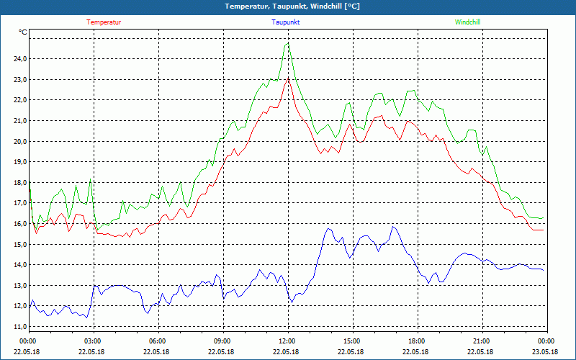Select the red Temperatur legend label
[104, 22]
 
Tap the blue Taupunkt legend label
[286, 22]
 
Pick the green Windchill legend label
[467, 22]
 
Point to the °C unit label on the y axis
[23, 32]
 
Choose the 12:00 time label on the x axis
[287, 341]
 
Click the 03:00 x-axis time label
[93, 341]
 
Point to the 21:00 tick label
[482, 341]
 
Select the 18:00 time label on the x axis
[417, 341]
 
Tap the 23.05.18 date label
[546, 352]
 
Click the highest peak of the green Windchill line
[287, 43]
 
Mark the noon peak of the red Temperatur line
[288, 78]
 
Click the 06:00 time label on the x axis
[158, 341]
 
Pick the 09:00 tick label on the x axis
[222, 341]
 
